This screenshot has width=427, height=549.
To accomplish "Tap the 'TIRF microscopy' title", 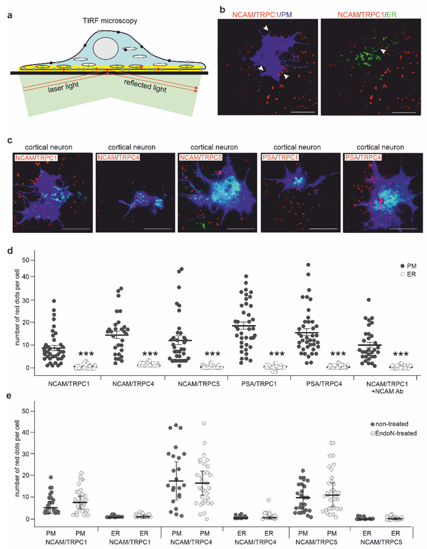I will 110,21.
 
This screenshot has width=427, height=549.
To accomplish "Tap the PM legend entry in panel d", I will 408,266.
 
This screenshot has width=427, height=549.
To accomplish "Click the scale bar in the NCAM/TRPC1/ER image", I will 403,113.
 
